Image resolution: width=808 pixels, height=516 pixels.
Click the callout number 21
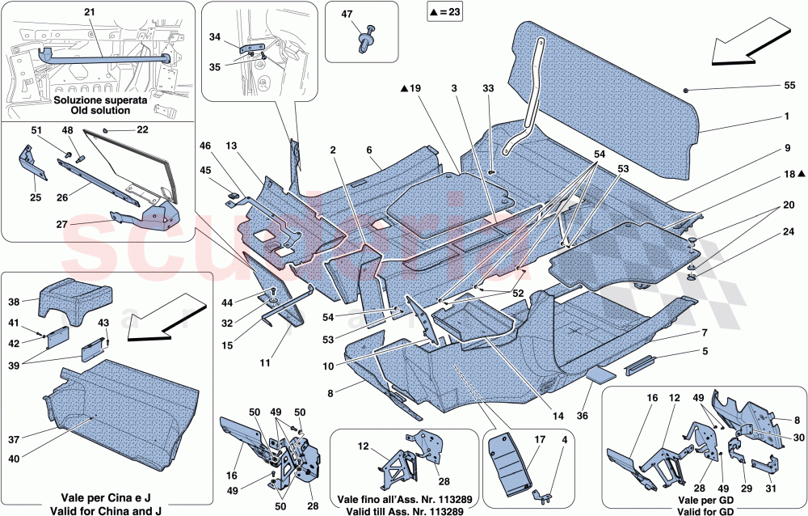89,12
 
